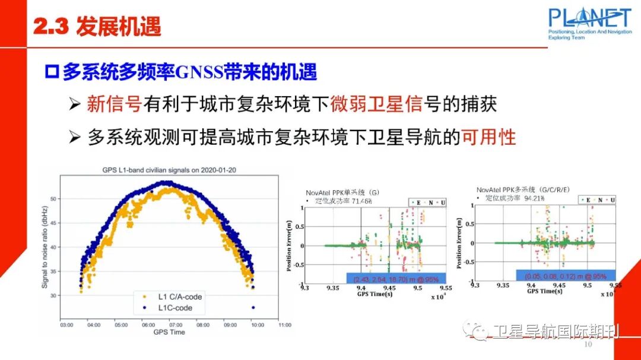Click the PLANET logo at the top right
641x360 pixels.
(589, 23)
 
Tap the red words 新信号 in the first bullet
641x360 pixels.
(114, 105)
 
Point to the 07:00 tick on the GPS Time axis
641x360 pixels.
(176, 325)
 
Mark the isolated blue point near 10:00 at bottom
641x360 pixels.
(253, 307)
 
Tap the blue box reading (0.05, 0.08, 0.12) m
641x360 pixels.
(565, 276)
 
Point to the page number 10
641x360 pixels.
(589, 345)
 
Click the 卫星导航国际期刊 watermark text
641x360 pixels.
(555, 332)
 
